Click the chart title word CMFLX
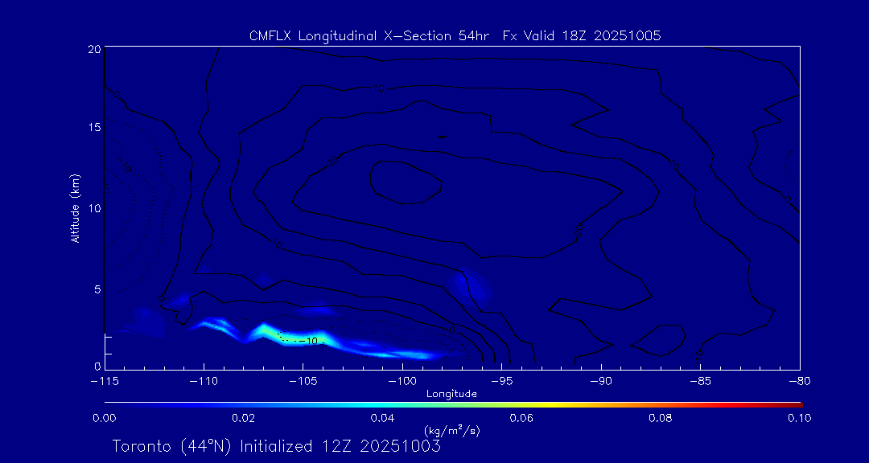(270, 36)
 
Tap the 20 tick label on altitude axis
(94, 49)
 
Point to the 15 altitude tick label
(94, 128)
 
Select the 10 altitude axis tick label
(94, 208)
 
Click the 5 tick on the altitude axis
(97, 288)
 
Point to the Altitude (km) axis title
(76, 208)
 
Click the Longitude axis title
(451, 394)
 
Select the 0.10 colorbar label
(799, 418)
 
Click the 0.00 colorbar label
(105, 418)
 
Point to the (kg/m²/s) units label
(451, 431)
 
